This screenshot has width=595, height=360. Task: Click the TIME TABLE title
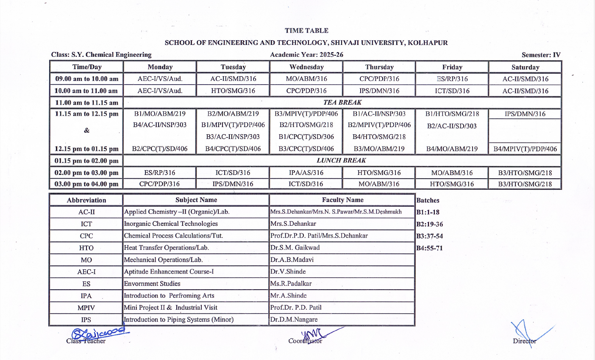(x=306, y=30)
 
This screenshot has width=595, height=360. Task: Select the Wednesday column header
(x=306, y=67)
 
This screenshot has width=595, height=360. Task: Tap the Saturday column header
(x=525, y=67)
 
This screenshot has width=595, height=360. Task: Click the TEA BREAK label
(x=342, y=102)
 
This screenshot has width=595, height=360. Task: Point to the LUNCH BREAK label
(x=342, y=161)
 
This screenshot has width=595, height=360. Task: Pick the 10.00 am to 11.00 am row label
(x=86, y=91)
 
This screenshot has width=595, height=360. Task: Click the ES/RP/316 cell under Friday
(x=452, y=79)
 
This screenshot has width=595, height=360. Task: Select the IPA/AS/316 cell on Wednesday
(x=306, y=173)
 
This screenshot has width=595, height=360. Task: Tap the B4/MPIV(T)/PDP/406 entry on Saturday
(x=525, y=149)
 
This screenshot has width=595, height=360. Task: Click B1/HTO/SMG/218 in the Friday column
(x=452, y=114)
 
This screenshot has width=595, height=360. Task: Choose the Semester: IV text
(x=541, y=55)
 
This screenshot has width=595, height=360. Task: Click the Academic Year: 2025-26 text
(x=306, y=55)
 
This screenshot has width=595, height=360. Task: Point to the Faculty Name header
(x=342, y=200)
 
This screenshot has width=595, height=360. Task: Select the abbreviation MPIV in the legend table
(x=86, y=308)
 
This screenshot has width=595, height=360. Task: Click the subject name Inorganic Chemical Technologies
(x=171, y=224)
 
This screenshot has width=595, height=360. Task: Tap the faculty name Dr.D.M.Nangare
(x=294, y=319)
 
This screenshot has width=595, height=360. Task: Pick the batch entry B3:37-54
(x=429, y=236)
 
